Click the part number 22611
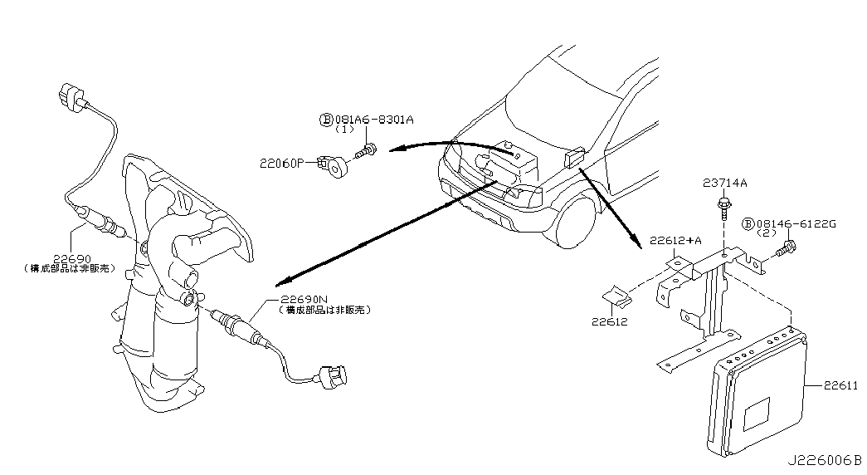[840, 386]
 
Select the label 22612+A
[675, 240]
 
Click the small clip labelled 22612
[616, 296]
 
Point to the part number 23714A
[725, 183]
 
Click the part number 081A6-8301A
[373, 119]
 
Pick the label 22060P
[282, 164]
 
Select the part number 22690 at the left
[72, 258]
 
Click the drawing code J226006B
[825, 460]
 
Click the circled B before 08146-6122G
[748, 223]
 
